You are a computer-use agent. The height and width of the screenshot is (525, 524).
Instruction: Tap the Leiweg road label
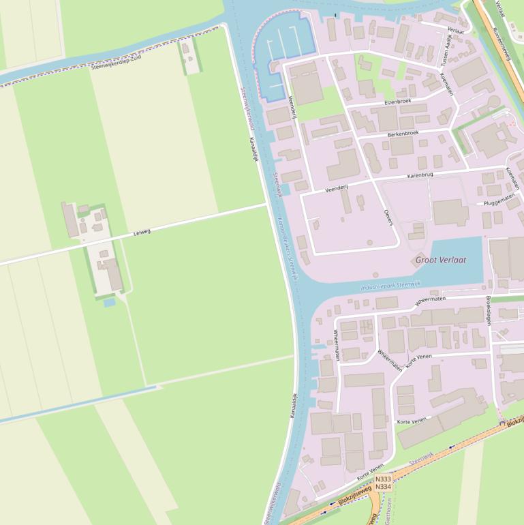[142, 232]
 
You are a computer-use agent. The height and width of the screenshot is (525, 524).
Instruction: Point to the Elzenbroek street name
[397, 102]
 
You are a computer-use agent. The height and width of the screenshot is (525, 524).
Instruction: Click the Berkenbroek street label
[403, 134]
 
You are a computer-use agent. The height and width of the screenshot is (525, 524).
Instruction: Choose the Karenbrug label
[420, 175]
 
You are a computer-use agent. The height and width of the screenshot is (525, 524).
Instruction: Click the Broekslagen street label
[489, 310]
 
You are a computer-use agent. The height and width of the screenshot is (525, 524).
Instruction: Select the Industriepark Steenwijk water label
[391, 287]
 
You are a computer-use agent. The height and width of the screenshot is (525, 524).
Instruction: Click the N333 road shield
[384, 479]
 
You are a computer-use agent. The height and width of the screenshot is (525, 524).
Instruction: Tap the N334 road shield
[384, 487]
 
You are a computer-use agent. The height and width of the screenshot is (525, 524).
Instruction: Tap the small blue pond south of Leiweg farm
[110, 302]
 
